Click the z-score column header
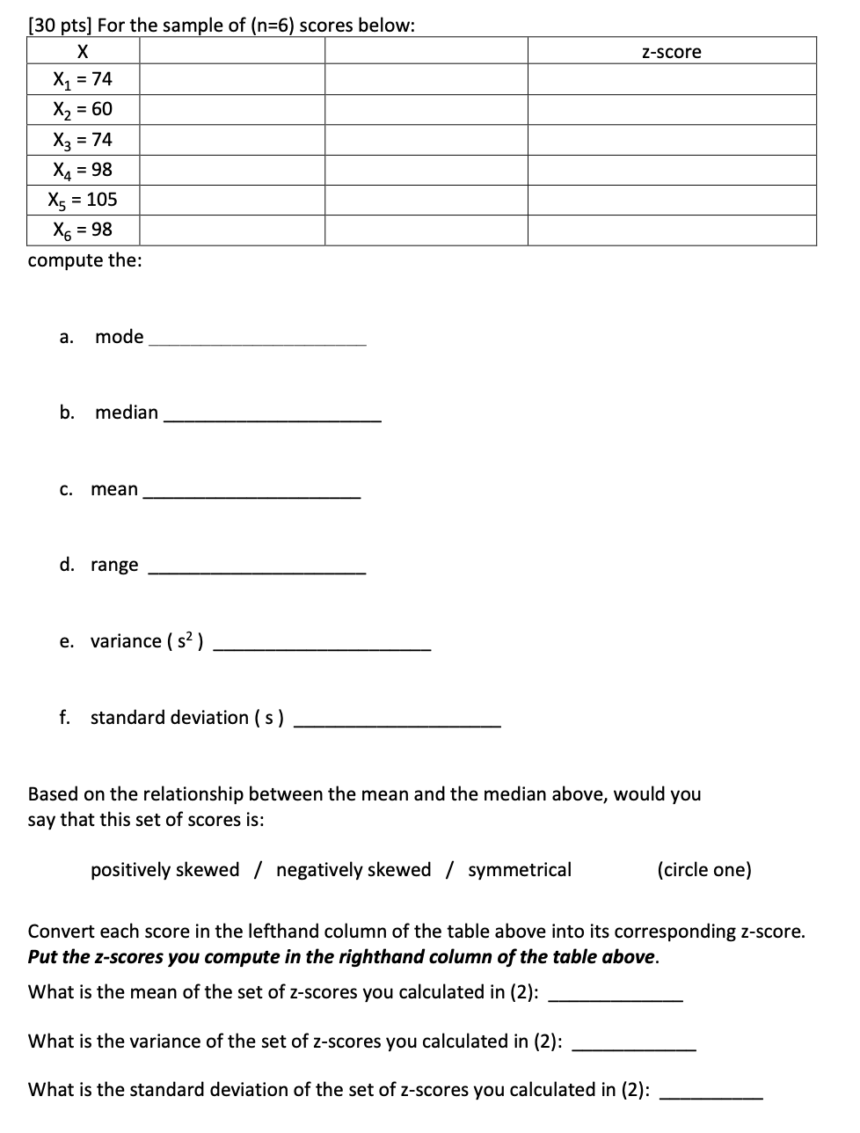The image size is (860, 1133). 671,52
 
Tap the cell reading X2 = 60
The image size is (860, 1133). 83,110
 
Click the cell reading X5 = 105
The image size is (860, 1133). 83,200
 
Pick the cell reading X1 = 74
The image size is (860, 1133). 83,80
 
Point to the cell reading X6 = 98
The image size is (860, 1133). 83,230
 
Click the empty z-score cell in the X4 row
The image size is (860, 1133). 671,170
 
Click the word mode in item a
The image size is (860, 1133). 119,337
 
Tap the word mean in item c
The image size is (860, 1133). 114,489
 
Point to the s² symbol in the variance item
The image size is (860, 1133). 185,640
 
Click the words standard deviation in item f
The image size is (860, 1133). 170,718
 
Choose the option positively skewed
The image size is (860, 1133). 164,870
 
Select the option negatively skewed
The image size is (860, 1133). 353,870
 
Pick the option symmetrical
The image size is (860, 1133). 519,870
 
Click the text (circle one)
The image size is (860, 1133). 703,870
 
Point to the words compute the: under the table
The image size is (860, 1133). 84,261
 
